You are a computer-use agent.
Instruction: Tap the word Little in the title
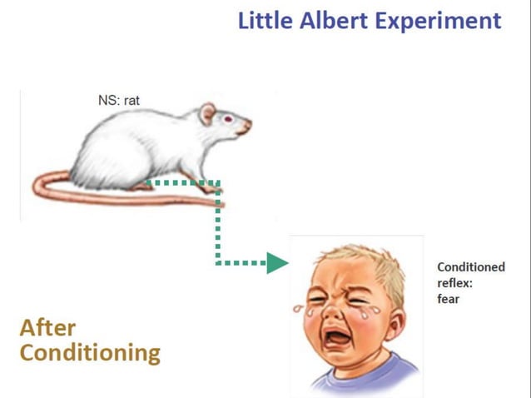(x=265, y=20)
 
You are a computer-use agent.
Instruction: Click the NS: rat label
(x=118, y=101)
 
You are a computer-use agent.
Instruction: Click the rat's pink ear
(x=206, y=113)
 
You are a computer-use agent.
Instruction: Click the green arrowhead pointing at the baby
(x=276, y=264)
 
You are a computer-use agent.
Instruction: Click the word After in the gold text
(x=47, y=326)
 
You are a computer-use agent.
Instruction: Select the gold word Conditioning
(x=89, y=353)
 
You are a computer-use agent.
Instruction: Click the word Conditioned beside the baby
(x=470, y=267)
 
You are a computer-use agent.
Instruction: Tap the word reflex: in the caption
(x=454, y=283)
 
